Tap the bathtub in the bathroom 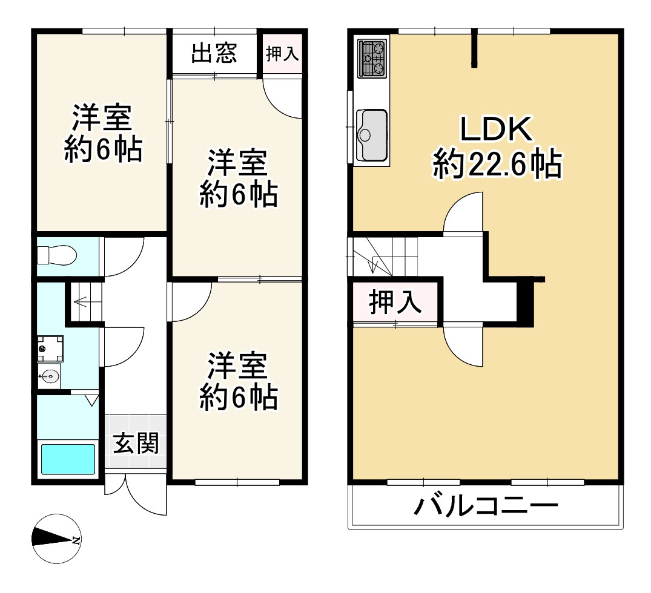click(67, 459)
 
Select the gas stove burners click(372, 58)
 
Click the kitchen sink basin click(371, 134)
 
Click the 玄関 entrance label click(136, 444)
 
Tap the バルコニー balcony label click(485, 505)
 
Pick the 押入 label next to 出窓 click(282, 53)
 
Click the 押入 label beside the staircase click(395, 302)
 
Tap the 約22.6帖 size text click(497, 164)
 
